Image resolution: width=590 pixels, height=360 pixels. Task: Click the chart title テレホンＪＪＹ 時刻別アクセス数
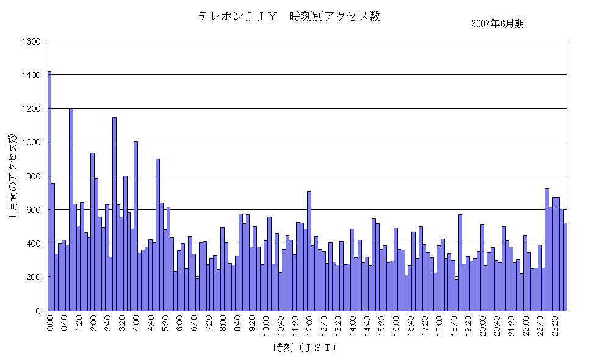pos(289,16)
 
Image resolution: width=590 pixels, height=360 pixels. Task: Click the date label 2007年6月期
pos(497,24)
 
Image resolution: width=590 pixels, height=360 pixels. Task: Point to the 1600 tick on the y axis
pos(31,41)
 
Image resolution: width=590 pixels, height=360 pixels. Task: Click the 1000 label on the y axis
pos(31,142)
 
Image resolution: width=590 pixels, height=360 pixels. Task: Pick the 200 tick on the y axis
pos(34,277)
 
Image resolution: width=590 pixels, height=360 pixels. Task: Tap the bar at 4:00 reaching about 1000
pos(136,226)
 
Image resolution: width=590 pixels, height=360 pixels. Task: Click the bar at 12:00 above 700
pos(309,251)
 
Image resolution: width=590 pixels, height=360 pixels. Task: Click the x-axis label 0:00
pos(50,323)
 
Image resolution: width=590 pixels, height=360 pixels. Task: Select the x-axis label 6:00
pos(179,323)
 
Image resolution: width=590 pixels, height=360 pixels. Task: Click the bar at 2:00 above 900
pos(93,231)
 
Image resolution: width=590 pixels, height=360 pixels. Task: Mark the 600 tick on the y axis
pos(34,210)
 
